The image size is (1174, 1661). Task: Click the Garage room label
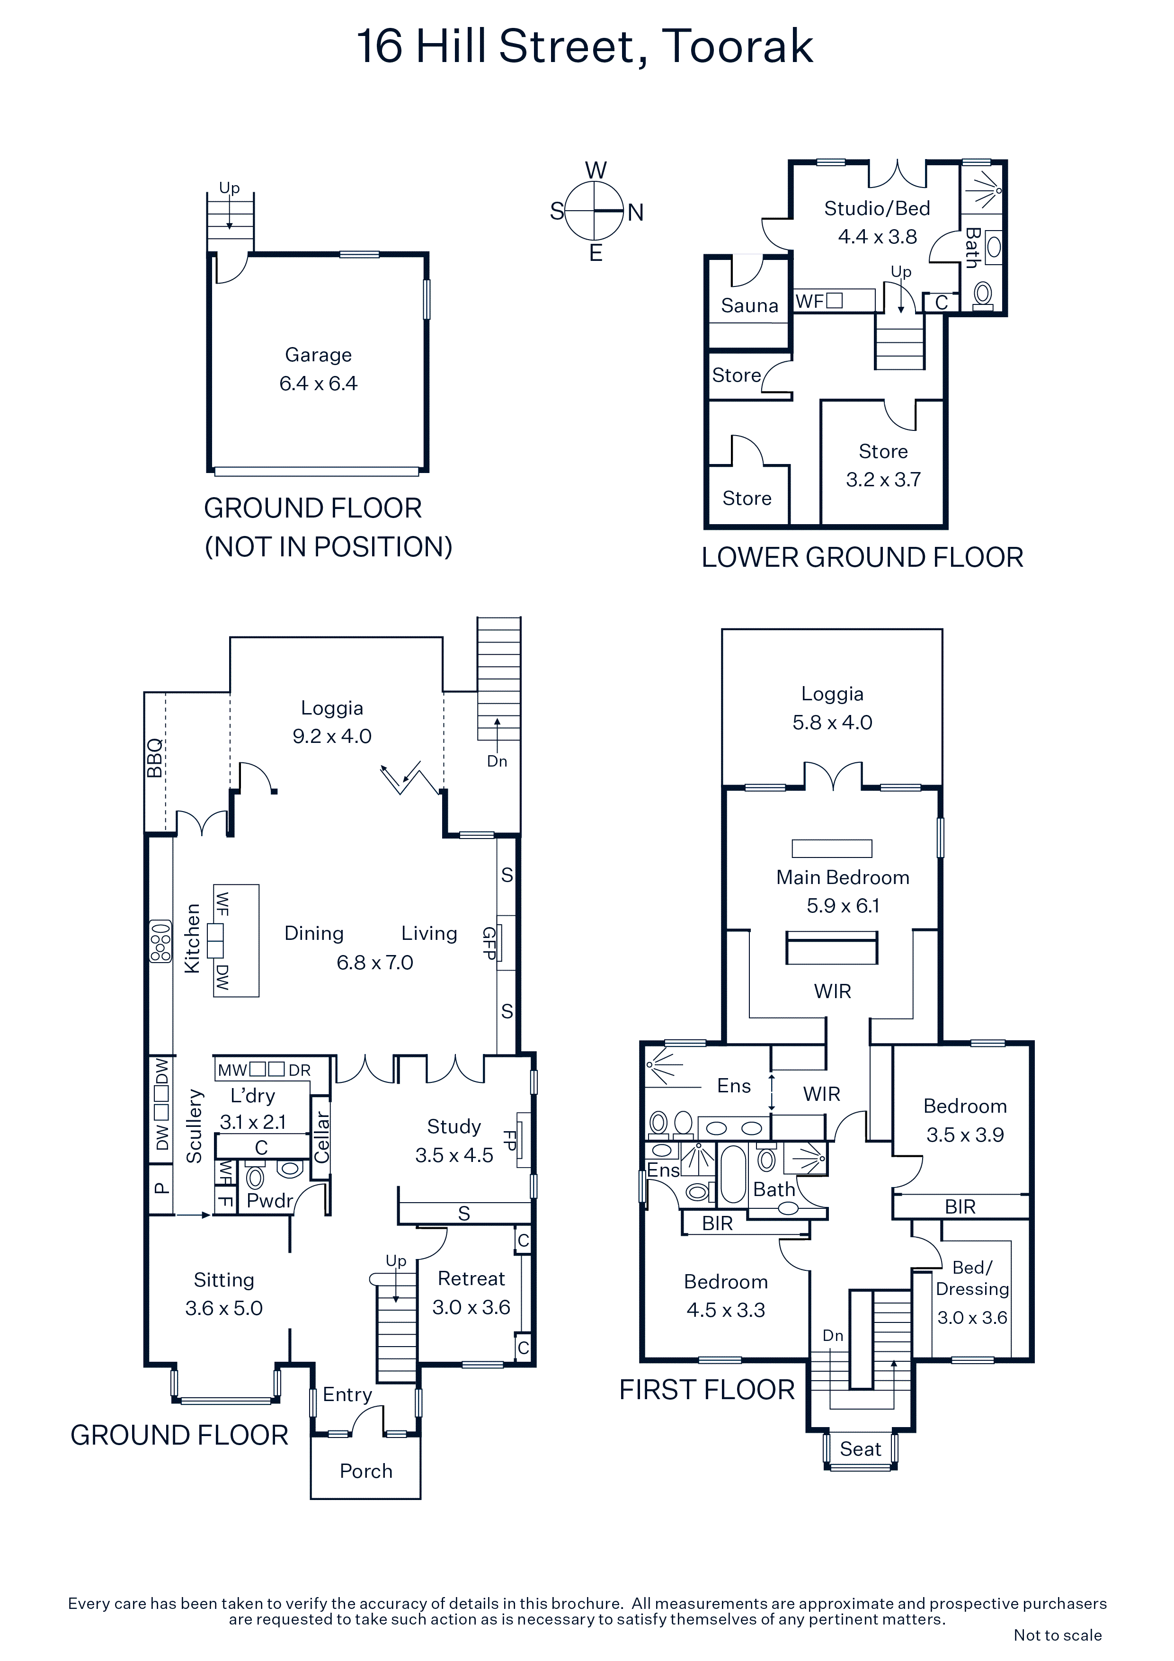pos(318,355)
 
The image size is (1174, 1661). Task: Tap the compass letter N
pos(635,212)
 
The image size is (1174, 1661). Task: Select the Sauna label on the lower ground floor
pos(749,305)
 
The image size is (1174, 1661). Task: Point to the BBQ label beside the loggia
pos(154,758)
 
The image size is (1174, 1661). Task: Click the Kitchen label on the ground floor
pos(192,938)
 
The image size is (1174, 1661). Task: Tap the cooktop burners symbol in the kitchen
pos(160,941)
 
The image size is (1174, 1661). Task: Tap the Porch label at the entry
pos(366,1472)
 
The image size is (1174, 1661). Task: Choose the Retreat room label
pos(471,1279)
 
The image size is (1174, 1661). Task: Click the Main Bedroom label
pos(843,877)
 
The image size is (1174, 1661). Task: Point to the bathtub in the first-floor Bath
pos(733,1173)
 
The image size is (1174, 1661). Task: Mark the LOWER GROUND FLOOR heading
pos(862,558)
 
